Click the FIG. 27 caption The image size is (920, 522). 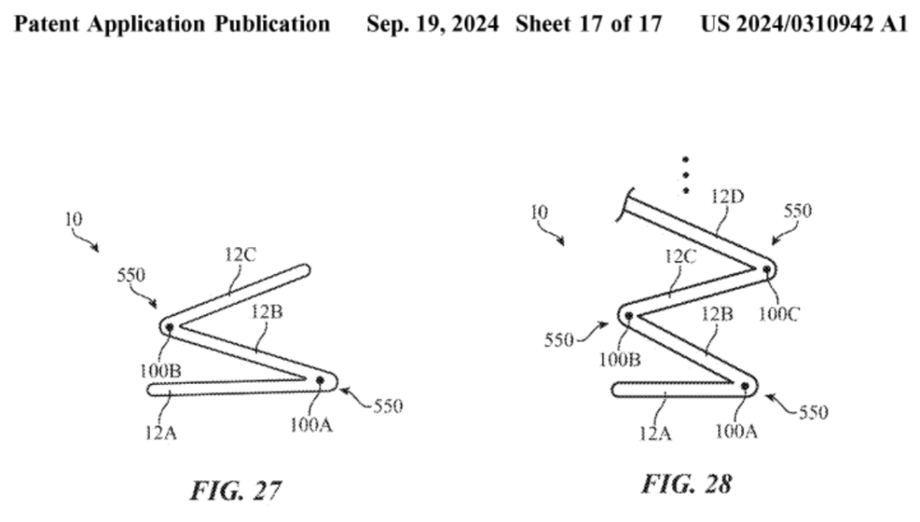coord(235,491)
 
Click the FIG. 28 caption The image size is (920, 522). coord(686,485)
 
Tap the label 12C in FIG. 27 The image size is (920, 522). coord(241,253)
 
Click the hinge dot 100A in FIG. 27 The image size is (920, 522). coord(319,380)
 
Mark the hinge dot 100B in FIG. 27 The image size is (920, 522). coord(169,326)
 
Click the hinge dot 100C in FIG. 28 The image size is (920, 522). coord(767,270)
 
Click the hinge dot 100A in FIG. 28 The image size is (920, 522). coord(745,386)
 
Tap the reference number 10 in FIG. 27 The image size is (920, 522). coord(74,220)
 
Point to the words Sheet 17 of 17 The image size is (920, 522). coord(588,25)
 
